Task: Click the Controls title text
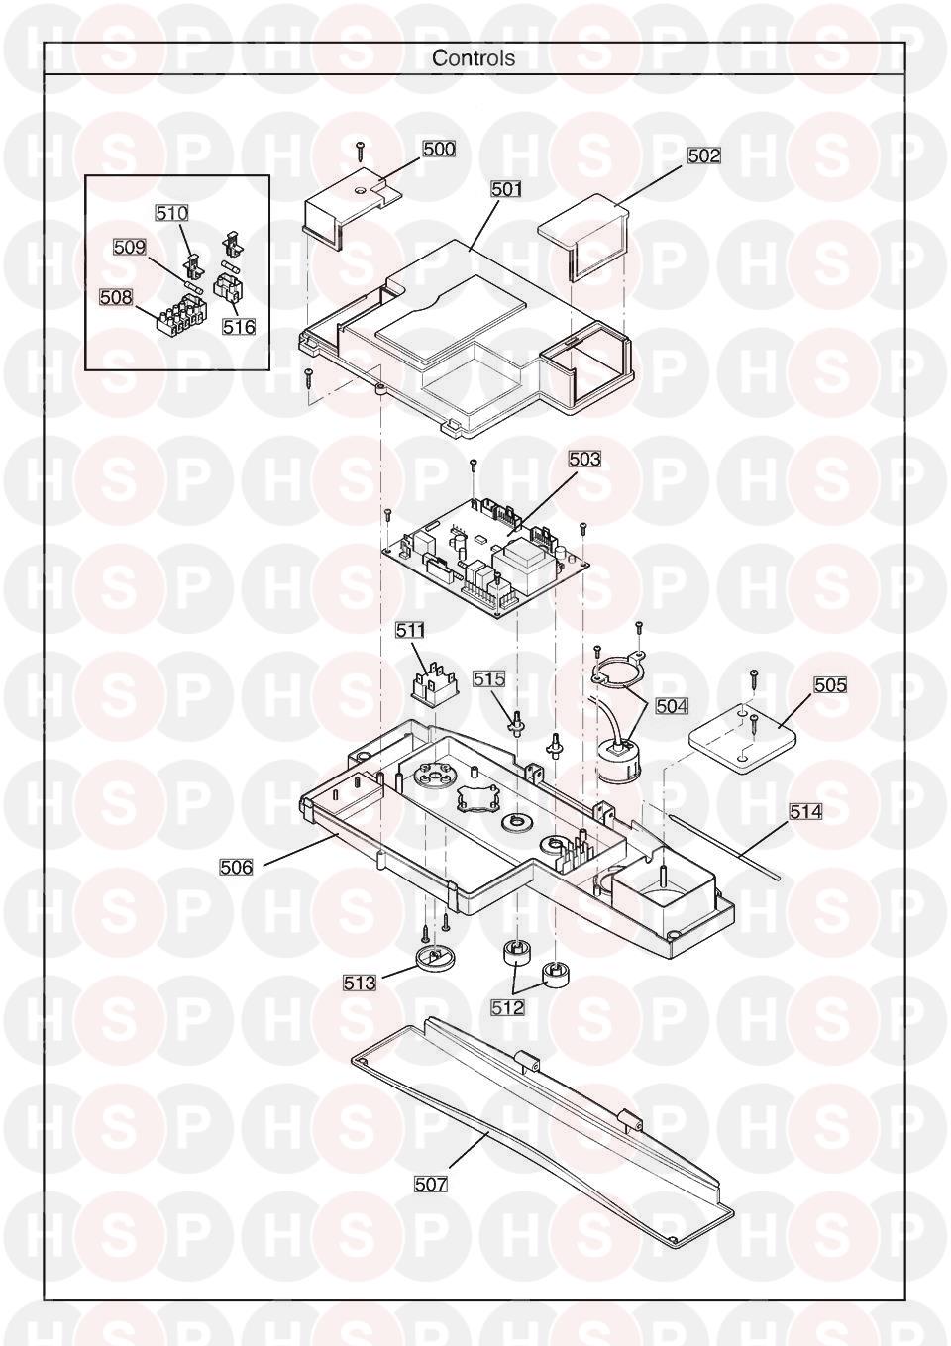[x=474, y=58]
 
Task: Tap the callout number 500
[x=439, y=149]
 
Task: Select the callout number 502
[x=704, y=155]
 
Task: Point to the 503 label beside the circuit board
[x=584, y=460]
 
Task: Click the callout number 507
[x=431, y=1184]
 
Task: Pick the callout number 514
[x=805, y=811]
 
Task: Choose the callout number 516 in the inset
[x=239, y=326]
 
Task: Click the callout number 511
[x=410, y=629]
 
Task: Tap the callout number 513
[x=360, y=983]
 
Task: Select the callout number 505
[x=830, y=684]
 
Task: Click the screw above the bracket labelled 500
[x=359, y=152]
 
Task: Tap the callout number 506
[x=236, y=868]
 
